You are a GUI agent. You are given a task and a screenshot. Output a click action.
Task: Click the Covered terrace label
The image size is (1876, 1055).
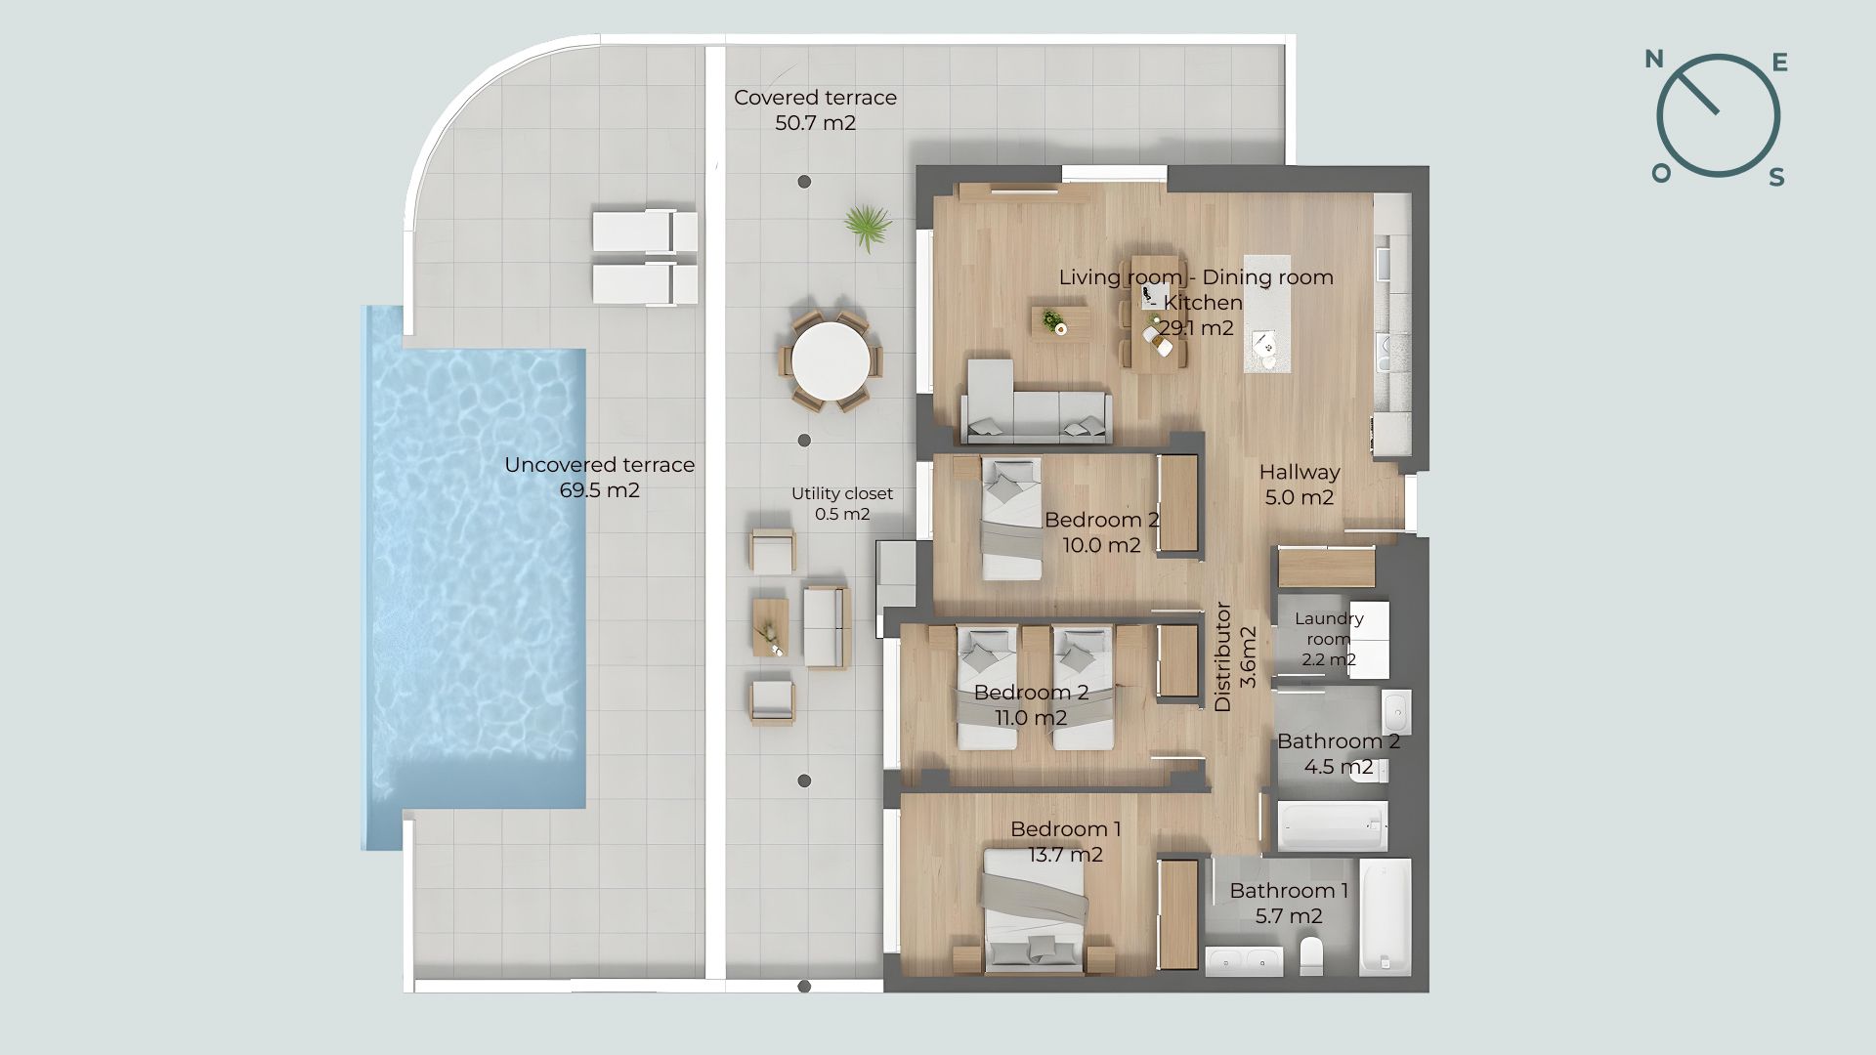[815, 98]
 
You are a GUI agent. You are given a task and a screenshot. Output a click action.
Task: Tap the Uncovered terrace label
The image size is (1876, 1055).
[599, 465]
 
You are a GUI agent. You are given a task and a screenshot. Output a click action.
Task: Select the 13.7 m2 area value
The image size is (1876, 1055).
[1065, 855]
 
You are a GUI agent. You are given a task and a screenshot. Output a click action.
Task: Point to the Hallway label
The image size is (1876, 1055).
[1299, 473]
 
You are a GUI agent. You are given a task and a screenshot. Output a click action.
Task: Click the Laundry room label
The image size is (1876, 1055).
[1329, 629]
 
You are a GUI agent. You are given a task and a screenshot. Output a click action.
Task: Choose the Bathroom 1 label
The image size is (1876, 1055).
[1289, 891]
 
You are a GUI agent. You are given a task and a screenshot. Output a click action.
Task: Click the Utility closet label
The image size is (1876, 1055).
[842, 494]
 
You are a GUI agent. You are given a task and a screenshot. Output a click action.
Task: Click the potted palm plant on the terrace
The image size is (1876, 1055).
[867, 228]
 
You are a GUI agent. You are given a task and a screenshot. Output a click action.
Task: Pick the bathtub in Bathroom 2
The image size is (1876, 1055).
[1333, 826]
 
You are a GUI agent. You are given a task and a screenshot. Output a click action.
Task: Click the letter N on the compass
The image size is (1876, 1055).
[1654, 60]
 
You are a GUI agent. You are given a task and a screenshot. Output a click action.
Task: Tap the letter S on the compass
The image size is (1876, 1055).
[1777, 177]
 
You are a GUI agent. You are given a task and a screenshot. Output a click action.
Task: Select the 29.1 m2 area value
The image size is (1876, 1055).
[1197, 328]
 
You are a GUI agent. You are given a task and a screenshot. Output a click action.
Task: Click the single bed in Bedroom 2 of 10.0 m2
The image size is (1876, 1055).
[1011, 519]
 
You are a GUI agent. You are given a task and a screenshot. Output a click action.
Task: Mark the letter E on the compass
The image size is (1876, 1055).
[1780, 63]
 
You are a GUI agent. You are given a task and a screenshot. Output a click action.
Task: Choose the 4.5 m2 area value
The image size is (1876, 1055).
[1339, 767]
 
